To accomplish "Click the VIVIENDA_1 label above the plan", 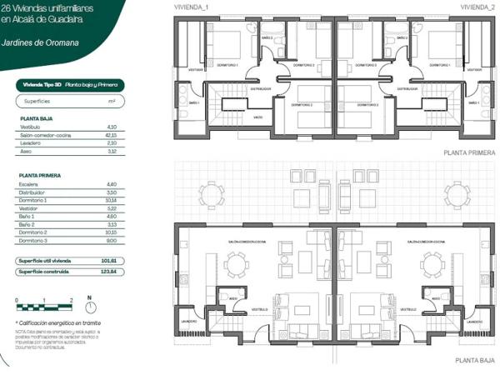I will pyautogui.click(x=191, y=6).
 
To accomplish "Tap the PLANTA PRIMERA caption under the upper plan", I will pyautogui.click(x=472, y=154).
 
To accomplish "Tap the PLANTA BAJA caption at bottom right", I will pyautogui.click(x=476, y=361).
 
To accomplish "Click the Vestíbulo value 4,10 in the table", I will pyautogui.click(x=111, y=127).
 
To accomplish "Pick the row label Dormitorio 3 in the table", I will pyautogui.click(x=34, y=240).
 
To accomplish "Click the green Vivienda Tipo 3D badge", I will pyautogui.click(x=70, y=84).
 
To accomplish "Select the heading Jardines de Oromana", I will pyautogui.click(x=40, y=41).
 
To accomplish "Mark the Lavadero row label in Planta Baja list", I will pyautogui.click(x=30, y=142).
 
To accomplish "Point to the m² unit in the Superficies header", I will pyautogui.click(x=111, y=101).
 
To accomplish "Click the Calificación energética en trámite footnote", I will pyautogui.click(x=57, y=322).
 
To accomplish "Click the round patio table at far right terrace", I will pyautogui.click(x=457, y=194).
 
